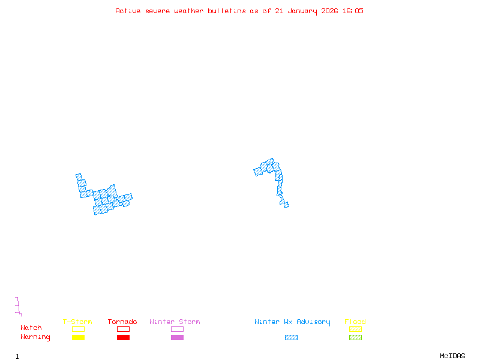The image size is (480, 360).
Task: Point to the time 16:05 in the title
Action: (352, 11)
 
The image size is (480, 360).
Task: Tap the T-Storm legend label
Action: (77, 322)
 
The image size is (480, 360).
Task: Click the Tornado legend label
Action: (122, 322)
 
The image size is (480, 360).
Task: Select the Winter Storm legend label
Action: (175, 322)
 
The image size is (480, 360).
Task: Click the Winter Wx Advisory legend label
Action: (292, 322)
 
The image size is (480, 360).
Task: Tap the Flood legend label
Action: (355, 322)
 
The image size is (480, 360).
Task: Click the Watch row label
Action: (31, 328)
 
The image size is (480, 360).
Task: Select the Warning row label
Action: (35, 337)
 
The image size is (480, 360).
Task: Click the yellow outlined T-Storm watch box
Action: (78, 329)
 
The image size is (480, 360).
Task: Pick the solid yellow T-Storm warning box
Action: (78, 338)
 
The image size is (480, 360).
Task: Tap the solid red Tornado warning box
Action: (123, 338)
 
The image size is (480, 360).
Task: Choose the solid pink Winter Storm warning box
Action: (177, 338)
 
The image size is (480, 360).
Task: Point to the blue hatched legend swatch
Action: (291, 338)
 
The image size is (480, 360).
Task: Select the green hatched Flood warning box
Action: (355, 338)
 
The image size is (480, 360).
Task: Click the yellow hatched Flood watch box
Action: (355, 329)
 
